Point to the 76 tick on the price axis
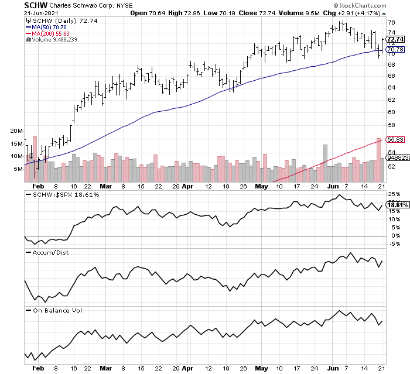391,22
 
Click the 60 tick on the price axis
391,112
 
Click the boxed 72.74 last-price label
397,39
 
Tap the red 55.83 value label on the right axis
397,139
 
